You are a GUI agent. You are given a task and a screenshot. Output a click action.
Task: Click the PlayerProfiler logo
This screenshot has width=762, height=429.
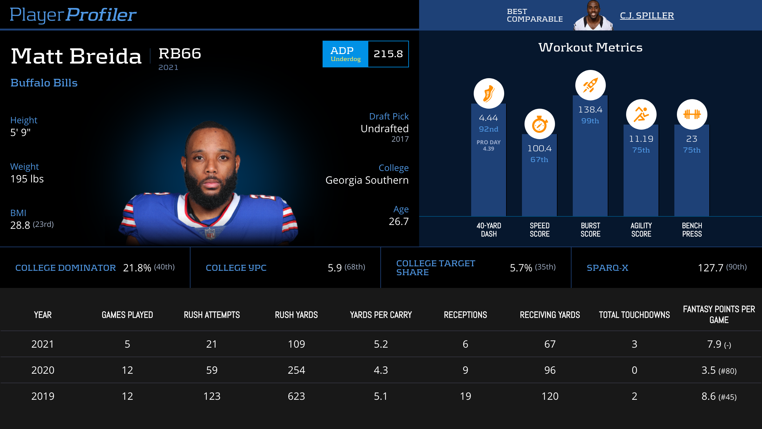click(73, 15)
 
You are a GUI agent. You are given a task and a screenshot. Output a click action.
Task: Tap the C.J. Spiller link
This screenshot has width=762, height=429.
click(647, 15)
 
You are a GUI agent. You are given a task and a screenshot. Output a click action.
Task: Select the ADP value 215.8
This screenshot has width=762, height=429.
click(388, 54)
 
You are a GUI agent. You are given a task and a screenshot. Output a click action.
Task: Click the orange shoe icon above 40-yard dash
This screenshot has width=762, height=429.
click(489, 93)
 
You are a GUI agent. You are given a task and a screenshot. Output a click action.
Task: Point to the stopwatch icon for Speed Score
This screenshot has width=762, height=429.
click(539, 124)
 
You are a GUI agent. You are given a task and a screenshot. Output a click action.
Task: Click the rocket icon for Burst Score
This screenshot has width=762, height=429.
click(590, 85)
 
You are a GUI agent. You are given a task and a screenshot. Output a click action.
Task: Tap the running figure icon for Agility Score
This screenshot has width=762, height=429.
click(641, 114)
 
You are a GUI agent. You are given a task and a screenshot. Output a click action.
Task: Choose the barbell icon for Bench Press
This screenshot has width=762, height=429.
click(692, 114)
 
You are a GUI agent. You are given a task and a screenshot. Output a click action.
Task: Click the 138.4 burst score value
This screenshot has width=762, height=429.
click(590, 110)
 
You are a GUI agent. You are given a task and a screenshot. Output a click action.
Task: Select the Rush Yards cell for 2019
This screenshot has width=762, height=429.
click(296, 396)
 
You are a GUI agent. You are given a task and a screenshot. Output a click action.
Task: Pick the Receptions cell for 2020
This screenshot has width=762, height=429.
click(465, 370)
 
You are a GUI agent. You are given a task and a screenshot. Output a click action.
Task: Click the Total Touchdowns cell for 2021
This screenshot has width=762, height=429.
click(634, 344)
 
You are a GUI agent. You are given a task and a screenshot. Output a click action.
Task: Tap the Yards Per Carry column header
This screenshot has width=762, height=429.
click(381, 315)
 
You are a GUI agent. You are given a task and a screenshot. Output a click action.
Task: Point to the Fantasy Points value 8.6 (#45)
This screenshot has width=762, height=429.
click(719, 396)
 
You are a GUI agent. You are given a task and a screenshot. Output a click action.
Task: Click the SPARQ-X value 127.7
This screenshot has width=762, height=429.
click(711, 268)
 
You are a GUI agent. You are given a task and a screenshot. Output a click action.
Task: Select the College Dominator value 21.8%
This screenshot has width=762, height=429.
click(137, 268)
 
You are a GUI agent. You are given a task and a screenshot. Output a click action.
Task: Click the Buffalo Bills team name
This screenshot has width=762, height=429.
click(44, 83)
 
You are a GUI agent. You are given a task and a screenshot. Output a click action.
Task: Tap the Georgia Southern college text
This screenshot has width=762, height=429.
click(367, 180)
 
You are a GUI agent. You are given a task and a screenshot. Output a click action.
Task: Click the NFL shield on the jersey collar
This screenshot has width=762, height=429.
click(210, 234)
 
